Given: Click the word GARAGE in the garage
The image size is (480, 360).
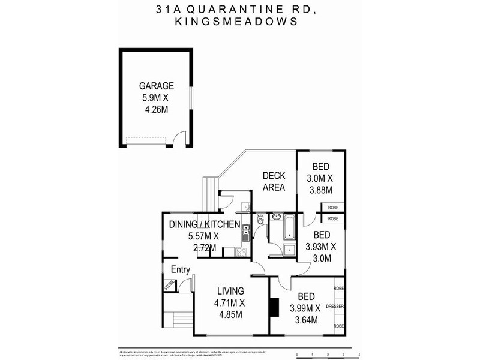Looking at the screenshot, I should click(157, 86).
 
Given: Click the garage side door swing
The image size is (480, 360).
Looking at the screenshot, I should click(174, 140).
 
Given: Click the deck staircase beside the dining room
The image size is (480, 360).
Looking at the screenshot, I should click(208, 191).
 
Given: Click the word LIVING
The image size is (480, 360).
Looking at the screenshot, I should click(230, 293).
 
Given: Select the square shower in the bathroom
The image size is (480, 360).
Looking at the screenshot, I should click(289, 250).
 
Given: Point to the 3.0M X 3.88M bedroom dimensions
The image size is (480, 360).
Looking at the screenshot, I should click(320, 185).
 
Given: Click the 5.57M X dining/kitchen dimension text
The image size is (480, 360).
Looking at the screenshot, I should click(202, 236).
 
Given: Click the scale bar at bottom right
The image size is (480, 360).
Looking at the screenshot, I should click(328, 355).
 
